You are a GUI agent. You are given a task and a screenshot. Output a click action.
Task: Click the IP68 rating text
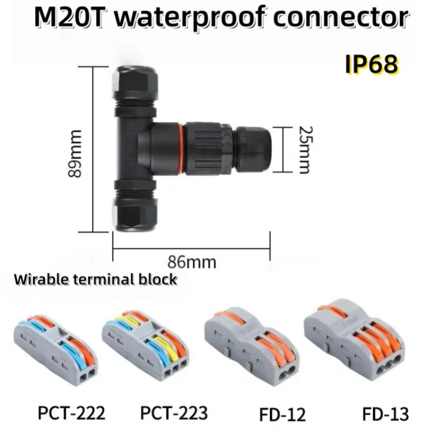click(371, 64)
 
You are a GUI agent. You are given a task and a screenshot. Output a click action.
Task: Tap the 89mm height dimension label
click(74, 154)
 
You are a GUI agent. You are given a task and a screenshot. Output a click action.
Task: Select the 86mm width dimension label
click(192, 262)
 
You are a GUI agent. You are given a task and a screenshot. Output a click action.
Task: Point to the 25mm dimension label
click(306, 150)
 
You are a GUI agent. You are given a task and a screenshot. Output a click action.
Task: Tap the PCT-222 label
click(72, 413)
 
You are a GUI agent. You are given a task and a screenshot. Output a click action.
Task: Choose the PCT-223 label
click(174, 413)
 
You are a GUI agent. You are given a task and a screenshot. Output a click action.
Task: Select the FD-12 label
click(282, 415)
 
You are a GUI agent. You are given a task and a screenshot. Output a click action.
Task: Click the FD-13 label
click(385, 414)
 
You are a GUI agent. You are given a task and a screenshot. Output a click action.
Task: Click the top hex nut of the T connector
click(135, 82)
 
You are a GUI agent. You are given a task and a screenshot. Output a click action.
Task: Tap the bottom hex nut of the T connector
click(135, 215)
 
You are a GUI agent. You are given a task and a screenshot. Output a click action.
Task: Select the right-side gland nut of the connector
click(253, 149)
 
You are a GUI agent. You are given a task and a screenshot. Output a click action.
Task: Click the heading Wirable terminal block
click(96, 280)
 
